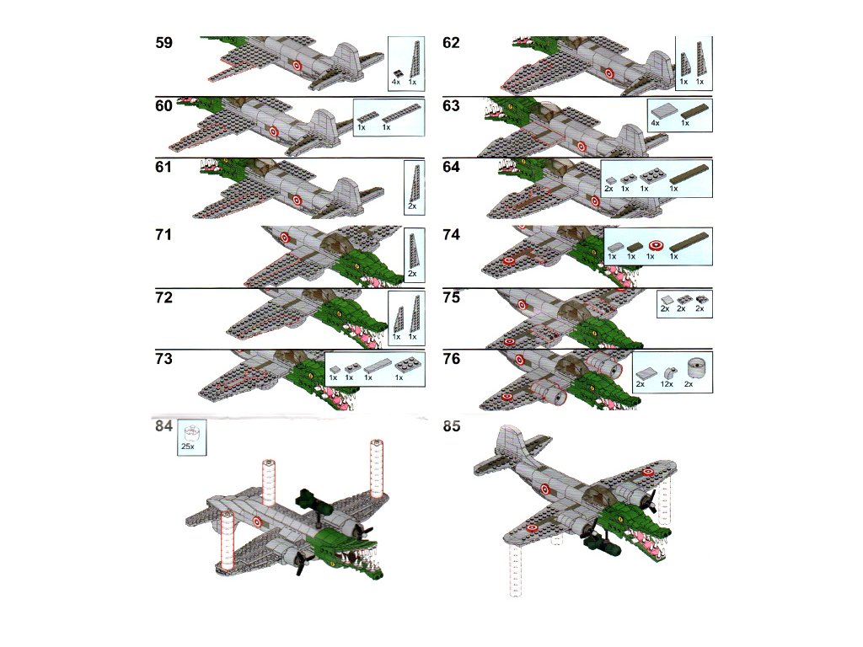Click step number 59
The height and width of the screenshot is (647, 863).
tap(164, 43)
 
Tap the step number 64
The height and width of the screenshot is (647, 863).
tap(452, 167)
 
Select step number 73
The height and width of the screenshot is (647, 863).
tap(164, 359)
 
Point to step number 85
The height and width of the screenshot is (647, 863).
tap(452, 426)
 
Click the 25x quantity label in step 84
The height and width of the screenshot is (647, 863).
tap(188, 446)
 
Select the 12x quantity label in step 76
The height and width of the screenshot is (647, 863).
tap(667, 384)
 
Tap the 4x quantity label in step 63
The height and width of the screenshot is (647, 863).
tap(655, 123)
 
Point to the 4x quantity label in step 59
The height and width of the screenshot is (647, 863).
tap(396, 82)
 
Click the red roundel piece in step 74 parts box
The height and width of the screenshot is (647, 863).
tap(655, 245)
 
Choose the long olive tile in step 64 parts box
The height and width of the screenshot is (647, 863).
tap(689, 175)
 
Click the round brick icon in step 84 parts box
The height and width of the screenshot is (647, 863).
tap(191, 432)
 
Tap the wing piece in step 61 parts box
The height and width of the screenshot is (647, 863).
tap(415, 183)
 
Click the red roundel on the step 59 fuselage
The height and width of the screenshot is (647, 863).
tap(297, 66)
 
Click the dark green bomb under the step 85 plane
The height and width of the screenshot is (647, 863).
tap(601, 546)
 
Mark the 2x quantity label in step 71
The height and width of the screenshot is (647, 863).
tap(412, 274)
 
